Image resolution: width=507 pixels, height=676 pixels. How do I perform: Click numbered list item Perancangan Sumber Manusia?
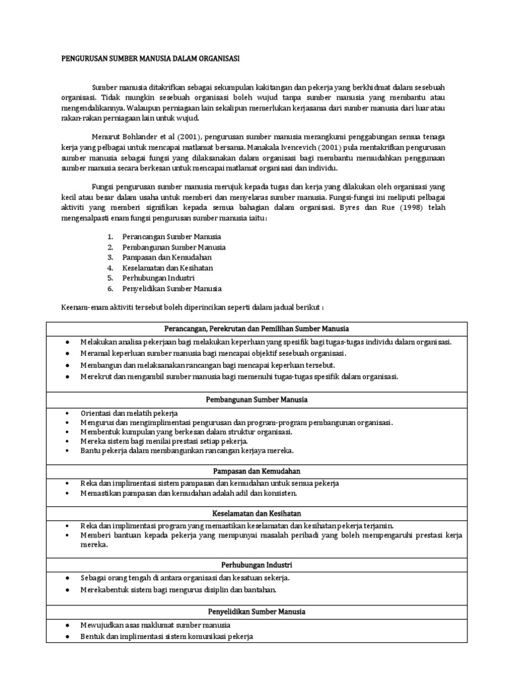[172, 236]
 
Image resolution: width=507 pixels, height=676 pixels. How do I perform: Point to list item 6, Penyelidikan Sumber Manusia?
[172, 288]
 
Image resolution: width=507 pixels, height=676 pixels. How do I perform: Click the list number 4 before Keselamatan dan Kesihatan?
[110, 267]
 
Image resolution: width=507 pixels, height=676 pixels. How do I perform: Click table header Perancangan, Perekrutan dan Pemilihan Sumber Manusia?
[256, 328]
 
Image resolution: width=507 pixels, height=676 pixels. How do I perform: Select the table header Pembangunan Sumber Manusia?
[256, 400]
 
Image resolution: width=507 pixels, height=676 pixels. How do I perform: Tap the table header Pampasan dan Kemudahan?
[256, 471]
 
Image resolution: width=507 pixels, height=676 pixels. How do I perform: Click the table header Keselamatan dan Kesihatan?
[256, 513]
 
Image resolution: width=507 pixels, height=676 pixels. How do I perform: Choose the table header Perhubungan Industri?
[256, 565]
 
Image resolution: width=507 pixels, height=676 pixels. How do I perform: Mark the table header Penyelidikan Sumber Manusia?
[256, 612]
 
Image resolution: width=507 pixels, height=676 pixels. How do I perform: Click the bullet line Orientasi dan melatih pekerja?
[124, 413]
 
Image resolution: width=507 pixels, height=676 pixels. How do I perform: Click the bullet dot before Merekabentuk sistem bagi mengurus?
[69, 590]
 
